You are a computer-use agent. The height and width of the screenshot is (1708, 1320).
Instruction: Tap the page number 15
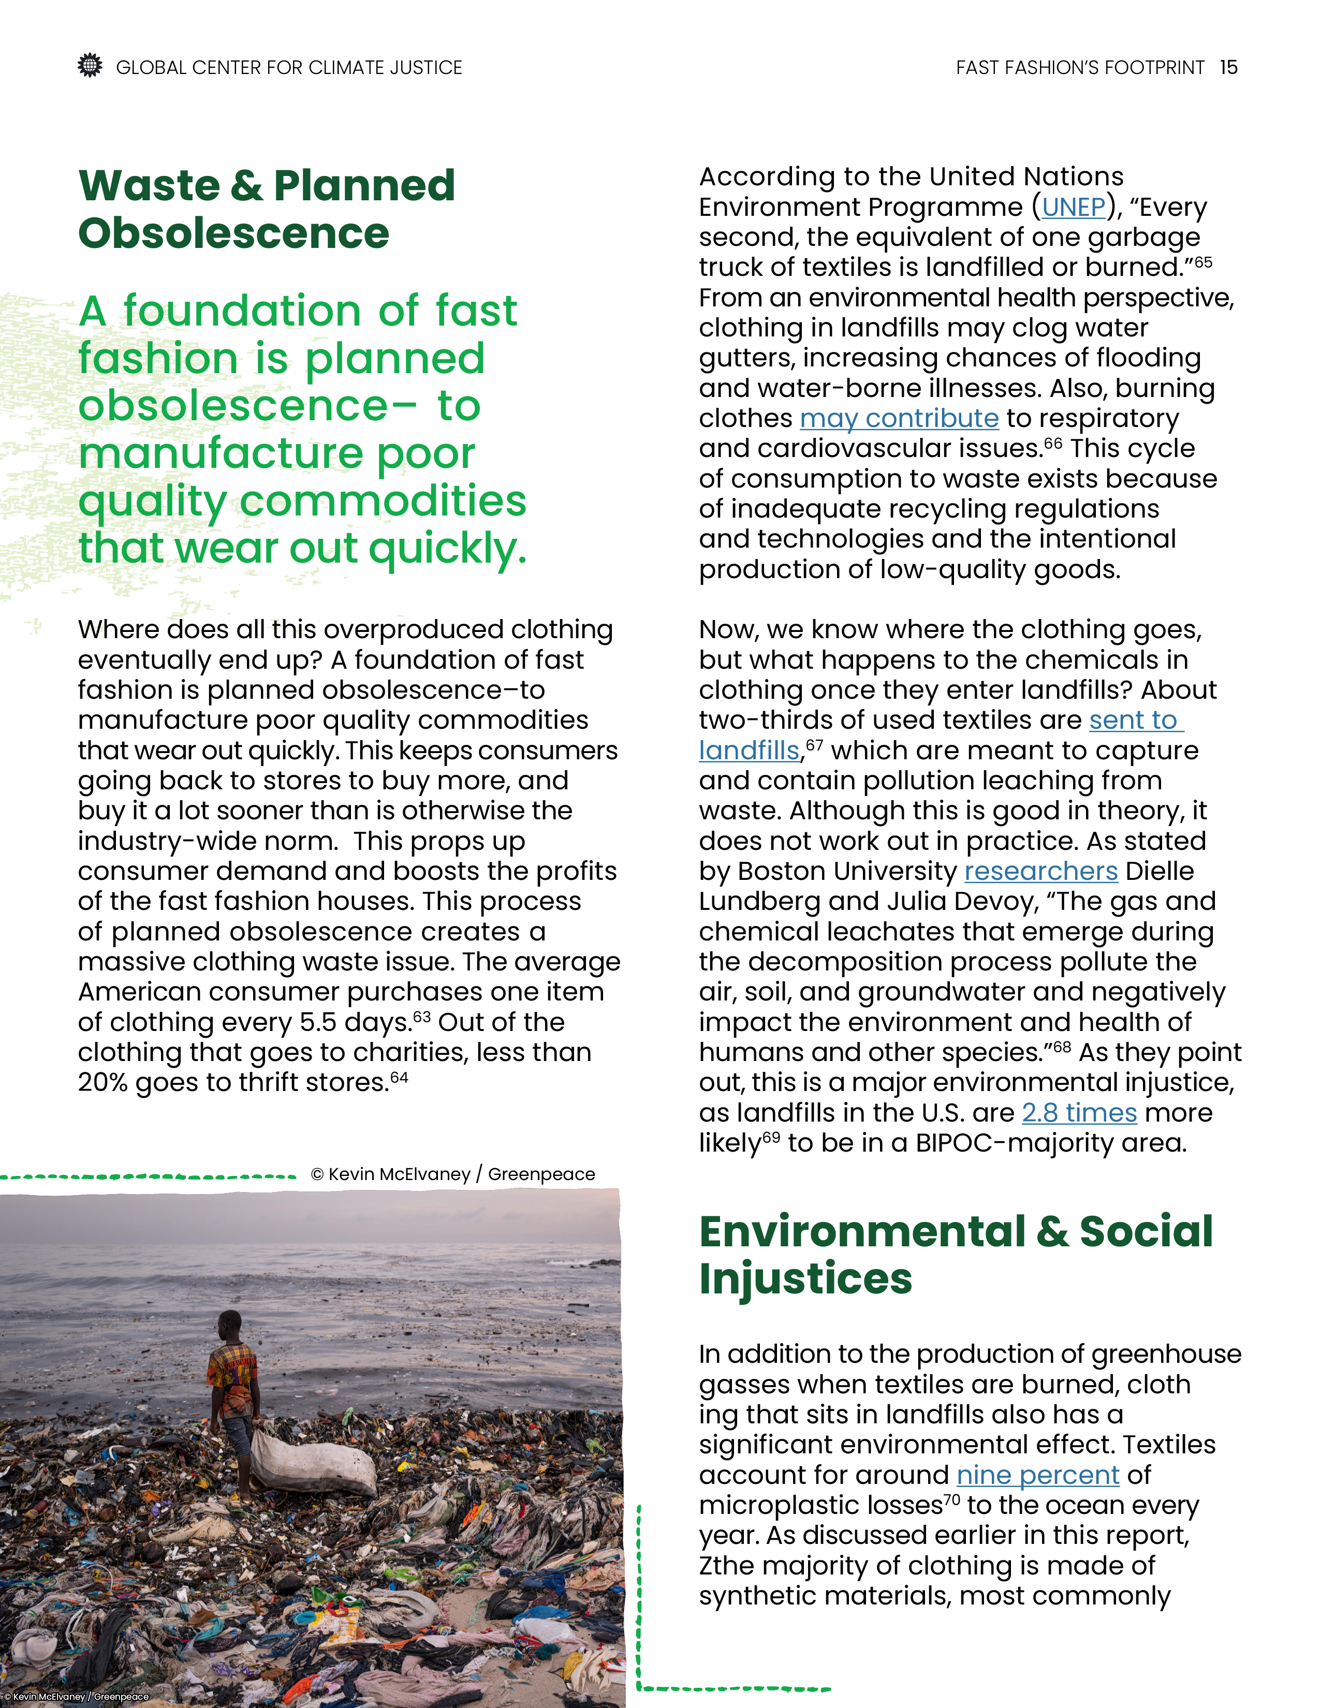pos(1228,68)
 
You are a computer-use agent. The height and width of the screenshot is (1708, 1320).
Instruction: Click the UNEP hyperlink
pos(1073,207)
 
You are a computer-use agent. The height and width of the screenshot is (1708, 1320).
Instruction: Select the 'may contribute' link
pos(899,418)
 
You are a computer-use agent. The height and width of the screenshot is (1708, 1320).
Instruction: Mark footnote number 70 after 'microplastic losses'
pos(951,1500)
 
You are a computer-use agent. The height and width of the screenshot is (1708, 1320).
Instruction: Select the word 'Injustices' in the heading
pos(805,1278)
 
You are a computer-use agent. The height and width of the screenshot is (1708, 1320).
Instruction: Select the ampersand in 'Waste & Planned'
pos(246,186)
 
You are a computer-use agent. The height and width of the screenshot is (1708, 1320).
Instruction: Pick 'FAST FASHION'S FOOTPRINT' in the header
pos(1079,68)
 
